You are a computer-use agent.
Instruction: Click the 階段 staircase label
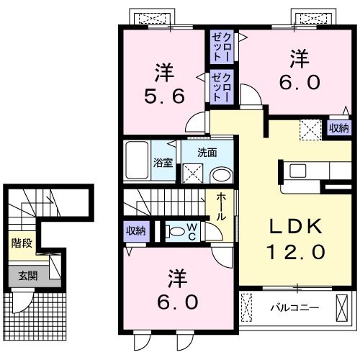click(x=22, y=243)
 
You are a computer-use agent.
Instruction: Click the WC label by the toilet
click(x=192, y=231)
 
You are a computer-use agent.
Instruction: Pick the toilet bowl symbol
click(x=175, y=232)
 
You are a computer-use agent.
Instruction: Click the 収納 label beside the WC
click(x=136, y=231)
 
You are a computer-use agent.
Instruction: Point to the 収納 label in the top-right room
click(x=338, y=128)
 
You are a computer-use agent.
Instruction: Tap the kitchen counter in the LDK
click(x=310, y=171)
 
